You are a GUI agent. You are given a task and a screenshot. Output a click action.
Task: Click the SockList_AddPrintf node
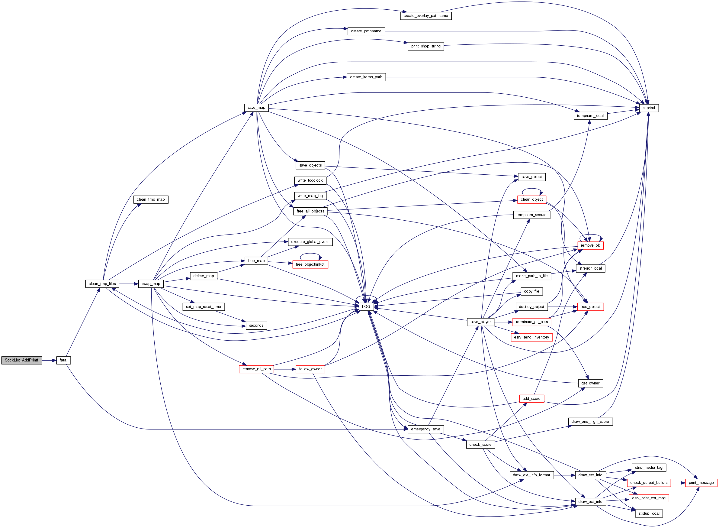point(21,360)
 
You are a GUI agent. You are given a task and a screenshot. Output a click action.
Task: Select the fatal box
point(63,360)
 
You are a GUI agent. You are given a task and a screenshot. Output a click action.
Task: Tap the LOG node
point(366,306)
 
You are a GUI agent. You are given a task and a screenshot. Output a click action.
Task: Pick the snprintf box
point(648,108)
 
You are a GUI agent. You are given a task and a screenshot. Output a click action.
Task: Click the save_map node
point(256,108)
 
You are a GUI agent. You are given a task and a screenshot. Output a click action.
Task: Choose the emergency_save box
point(425,429)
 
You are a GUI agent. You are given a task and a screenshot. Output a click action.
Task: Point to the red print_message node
point(701,483)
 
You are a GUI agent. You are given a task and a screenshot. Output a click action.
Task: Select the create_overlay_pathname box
point(425,16)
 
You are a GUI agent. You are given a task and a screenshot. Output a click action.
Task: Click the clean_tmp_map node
point(151,199)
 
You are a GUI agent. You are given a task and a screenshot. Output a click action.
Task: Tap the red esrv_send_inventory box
point(531,337)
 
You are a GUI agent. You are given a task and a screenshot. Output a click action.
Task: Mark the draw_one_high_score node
point(590,422)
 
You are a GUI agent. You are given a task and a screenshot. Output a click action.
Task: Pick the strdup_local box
point(649,513)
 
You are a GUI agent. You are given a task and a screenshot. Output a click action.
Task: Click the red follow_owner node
point(310,369)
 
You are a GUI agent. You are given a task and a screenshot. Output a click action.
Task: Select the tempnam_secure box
point(531,215)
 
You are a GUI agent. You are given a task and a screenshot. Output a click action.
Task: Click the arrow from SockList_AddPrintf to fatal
point(49,360)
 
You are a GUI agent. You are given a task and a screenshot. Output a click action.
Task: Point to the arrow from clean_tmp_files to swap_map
point(128,284)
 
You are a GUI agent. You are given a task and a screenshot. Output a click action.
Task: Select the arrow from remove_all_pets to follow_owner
point(284,369)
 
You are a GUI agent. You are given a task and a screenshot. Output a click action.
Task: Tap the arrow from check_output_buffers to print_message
point(678,483)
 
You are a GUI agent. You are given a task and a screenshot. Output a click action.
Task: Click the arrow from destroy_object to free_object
point(562,307)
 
